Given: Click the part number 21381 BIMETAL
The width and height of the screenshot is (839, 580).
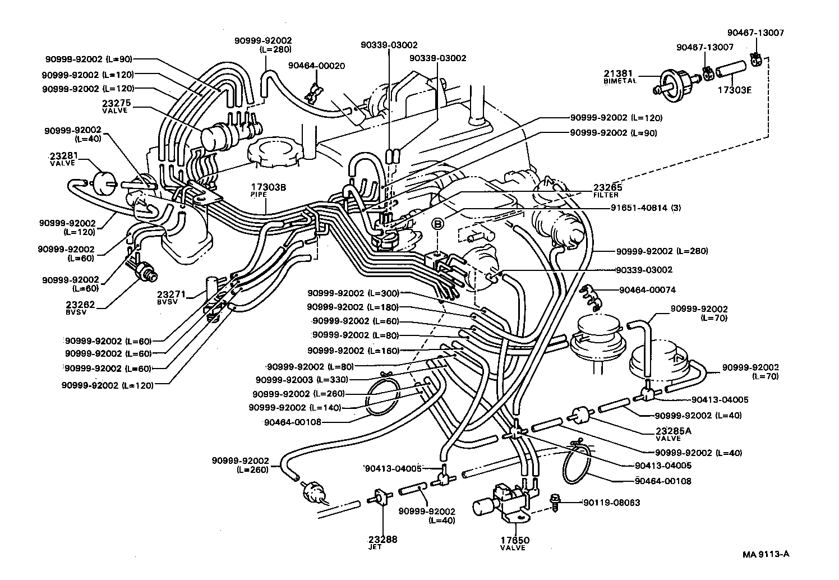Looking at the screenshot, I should (x=620, y=76).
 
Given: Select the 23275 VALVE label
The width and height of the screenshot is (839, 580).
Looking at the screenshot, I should (x=115, y=105).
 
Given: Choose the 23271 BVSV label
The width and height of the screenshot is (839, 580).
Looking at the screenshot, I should (x=168, y=297).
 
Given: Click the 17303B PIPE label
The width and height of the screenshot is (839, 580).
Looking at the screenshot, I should (x=268, y=190).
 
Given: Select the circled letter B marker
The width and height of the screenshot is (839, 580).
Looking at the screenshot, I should (x=438, y=223).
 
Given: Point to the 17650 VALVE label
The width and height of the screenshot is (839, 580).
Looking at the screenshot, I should (x=515, y=544).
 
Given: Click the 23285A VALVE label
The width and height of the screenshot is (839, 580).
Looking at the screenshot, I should (x=673, y=434).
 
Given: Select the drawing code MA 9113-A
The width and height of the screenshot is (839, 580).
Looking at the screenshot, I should (x=766, y=554).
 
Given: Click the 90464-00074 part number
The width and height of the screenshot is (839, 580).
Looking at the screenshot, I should (x=647, y=290).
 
